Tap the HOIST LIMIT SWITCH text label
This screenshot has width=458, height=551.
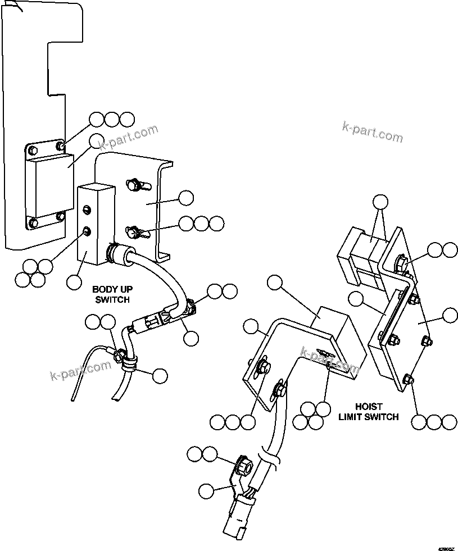(x=369, y=411)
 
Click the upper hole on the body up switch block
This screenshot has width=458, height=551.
(x=87, y=210)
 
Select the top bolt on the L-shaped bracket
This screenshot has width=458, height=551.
(x=134, y=184)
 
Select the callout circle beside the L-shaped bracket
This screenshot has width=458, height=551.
(x=185, y=198)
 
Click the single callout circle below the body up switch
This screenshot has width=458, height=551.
(x=74, y=283)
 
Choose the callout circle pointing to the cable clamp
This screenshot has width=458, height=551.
(x=160, y=376)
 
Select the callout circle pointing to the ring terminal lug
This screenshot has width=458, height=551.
(x=206, y=490)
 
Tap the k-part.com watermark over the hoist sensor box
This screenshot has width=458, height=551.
(x=330, y=361)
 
